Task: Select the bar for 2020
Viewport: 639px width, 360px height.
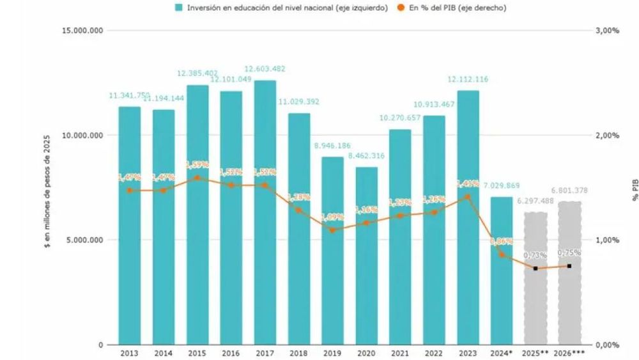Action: point(366,256)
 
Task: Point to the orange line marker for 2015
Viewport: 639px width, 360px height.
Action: point(197,178)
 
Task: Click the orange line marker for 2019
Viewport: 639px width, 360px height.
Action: point(332,230)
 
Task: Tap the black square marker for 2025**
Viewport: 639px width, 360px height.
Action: point(535,268)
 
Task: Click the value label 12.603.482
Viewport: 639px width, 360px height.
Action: point(265,69)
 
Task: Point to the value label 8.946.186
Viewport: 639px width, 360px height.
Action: point(332,146)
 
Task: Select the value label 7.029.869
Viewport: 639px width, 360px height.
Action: point(502,186)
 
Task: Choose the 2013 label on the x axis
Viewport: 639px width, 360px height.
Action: point(129,353)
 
